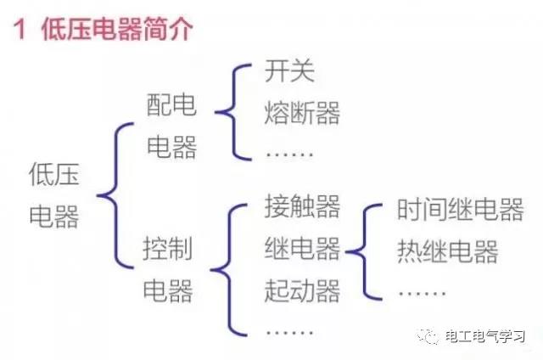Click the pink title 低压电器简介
pyautogui.click(x=117, y=29)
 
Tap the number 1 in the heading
pyautogui.click(x=20, y=30)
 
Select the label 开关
pyautogui.click(x=289, y=70)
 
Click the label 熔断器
pyautogui.click(x=302, y=113)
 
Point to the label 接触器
pyautogui.click(x=302, y=206)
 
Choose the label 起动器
pyautogui.click(x=302, y=290)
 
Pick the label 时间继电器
pyautogui.click(x=460, y=209)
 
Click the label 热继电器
pyautogui.click(x=447, y=251)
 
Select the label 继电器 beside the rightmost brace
pyautogui.click(x=302, y=249)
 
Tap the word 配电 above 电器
pyautogui.click(x=171, y=104)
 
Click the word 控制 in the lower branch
pyautogui.click(x=168, y=248)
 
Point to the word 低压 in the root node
pyautogui.click(x=54, y=174)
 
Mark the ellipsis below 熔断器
pyautogui.click(x=289, y=154)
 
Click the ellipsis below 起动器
pyautogui.click(x=289, y=332)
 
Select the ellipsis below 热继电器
pyautogui.click(x=422, y=293)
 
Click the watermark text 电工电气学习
pyautogui.click(x=485, y=336)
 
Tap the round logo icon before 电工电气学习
pyautogui.click(x=428, y=336)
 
